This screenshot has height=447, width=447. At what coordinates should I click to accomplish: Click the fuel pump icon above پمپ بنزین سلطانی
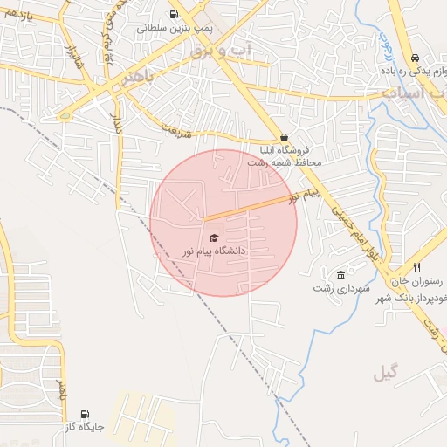click(174, 14)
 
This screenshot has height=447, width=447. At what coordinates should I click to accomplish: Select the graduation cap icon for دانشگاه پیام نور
click(214, 237)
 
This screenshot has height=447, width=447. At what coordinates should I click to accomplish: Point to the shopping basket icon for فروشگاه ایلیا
click(285, 137)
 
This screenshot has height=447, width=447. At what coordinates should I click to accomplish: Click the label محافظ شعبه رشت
click(285, 162)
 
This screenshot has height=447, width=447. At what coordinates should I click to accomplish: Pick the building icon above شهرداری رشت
click(340, 275)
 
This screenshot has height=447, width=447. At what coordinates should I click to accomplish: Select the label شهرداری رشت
click(342, 288)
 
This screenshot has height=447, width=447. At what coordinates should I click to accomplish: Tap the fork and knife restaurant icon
click(417, 267)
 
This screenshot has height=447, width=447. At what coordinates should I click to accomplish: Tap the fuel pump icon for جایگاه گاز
click(84, 414)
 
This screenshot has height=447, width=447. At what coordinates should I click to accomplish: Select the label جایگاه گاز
click(85, 428)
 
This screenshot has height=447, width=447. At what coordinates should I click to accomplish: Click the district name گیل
click(384, 374)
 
